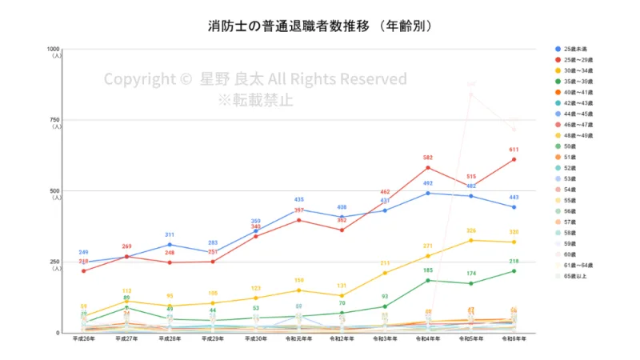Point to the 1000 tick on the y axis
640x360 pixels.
(56, 49)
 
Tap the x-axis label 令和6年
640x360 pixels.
(514, 339)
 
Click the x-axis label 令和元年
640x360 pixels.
(298, 339)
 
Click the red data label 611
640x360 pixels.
(514, 150)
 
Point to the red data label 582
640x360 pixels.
(428, 158)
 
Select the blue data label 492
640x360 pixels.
(428, 183)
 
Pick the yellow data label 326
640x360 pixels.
(471, 230)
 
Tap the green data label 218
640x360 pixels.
(514, 262)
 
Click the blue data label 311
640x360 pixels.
(169, 235)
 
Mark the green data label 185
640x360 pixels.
(428, 270)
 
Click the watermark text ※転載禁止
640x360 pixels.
(255, 100)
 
